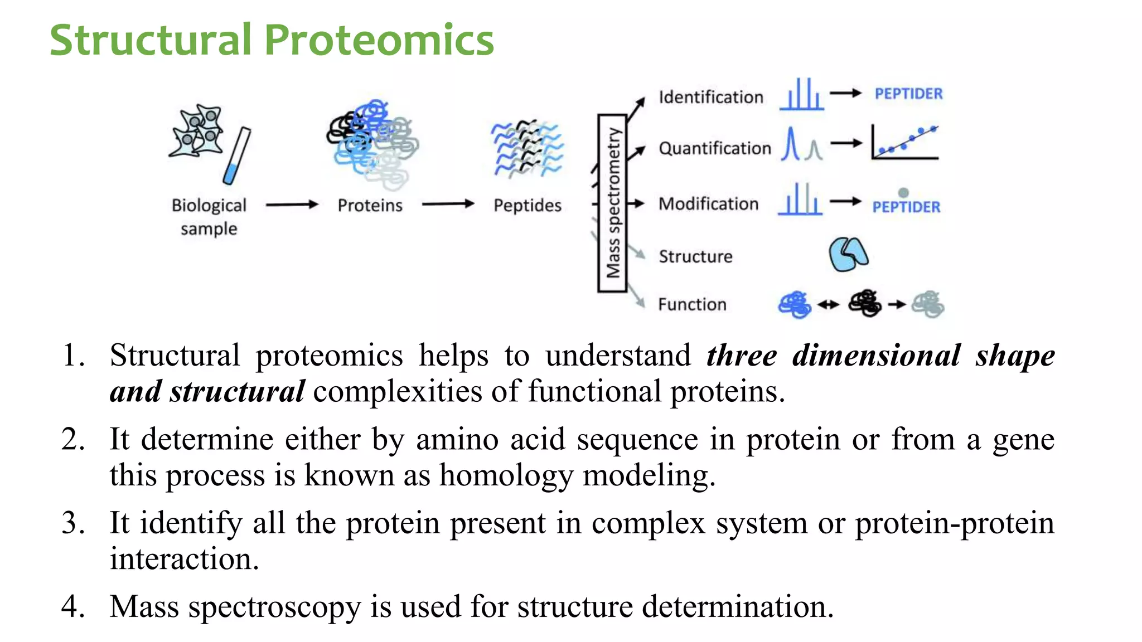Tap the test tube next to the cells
pos(237,156)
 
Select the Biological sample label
pos(209,216)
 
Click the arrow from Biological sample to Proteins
pos(292,205)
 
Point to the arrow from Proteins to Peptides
pos(448,204)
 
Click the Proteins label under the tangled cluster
pos(370,205)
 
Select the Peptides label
pos(527,205)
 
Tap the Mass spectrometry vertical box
pos(612,203)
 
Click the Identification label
pos(710,97)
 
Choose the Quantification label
pos(714,148)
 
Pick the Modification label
pos(708,203)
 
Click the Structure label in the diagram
pos(695,256)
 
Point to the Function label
pos(692,304)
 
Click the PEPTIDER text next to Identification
pos(908,94)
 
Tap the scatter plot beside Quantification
pos(904,143)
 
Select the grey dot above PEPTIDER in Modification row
pos(903,192)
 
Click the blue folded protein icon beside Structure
pos(848,254)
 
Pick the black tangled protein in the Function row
pos(864,304)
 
